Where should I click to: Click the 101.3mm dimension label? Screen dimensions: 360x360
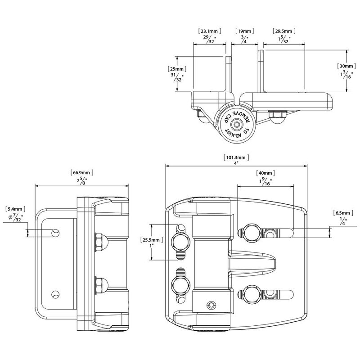(236, 157)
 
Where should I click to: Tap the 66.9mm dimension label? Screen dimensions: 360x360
(82, 172)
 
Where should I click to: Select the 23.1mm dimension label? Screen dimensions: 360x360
(209, 31)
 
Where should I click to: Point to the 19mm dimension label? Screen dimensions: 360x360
(244, 31)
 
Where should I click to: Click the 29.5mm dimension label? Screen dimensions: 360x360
(284, 31)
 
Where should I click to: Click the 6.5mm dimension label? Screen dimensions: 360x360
(341, 212)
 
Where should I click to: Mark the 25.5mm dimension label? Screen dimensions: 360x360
(149, 239)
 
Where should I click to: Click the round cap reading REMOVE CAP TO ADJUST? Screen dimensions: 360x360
(236, 123)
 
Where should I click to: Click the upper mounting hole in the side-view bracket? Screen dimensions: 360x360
(55, 232)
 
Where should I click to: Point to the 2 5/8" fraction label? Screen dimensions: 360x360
(82, 180)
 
